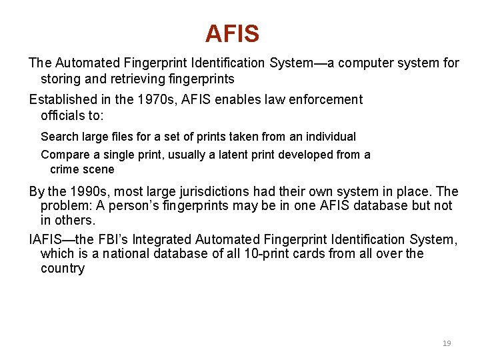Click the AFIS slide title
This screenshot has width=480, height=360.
(232, 33)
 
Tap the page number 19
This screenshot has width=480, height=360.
(447, 343)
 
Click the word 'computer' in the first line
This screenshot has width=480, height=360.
(370, 63)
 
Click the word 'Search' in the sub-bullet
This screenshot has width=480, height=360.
(59, 137)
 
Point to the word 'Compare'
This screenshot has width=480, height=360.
(63, 155)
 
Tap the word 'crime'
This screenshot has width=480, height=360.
(65, 169)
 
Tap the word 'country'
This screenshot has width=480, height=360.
(63, 269)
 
